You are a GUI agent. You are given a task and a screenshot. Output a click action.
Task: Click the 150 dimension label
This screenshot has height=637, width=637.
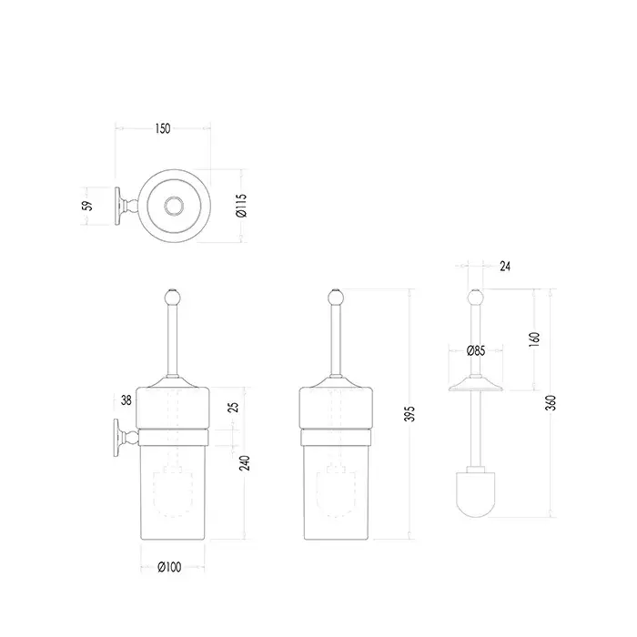(x=163, y=128)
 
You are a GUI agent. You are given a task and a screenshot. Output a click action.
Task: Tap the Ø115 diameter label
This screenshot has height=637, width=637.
(x=241, y=206)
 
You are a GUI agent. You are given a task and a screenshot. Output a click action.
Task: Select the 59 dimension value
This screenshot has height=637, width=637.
(x=87, y=206)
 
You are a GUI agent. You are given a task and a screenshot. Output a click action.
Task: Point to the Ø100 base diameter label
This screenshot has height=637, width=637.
(x=169, y=567)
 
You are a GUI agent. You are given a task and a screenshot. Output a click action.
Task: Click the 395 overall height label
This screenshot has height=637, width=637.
(x=410, y=413)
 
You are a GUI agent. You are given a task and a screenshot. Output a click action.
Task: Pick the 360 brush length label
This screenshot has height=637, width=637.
(x=551, y=402)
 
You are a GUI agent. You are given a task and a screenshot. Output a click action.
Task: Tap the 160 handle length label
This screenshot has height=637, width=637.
(x=534, y=339)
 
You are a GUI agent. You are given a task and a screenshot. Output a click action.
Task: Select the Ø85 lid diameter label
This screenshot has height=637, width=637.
(x=476, y=350)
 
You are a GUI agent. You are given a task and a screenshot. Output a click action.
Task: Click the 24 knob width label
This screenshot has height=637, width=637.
(x=505, y=266)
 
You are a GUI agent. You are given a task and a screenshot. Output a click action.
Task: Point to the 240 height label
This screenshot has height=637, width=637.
(x=245, y=463)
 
